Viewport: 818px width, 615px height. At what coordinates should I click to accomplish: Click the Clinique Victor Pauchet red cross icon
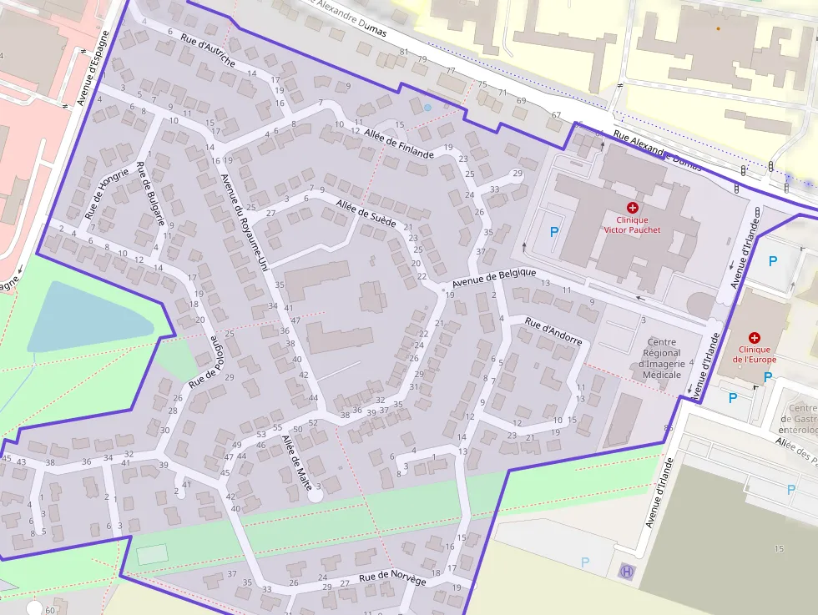632,207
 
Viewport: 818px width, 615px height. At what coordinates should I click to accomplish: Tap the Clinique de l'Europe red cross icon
755,337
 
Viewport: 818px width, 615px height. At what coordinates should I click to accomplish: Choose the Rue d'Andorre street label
553,333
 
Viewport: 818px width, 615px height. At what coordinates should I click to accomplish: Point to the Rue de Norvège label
392,578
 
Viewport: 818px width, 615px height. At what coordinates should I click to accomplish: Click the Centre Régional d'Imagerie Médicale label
662,358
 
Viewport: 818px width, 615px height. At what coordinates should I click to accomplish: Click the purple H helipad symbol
626,572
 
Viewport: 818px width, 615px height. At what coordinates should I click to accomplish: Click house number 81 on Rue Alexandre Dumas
404,53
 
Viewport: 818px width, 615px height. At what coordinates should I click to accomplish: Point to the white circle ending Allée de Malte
315,495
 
